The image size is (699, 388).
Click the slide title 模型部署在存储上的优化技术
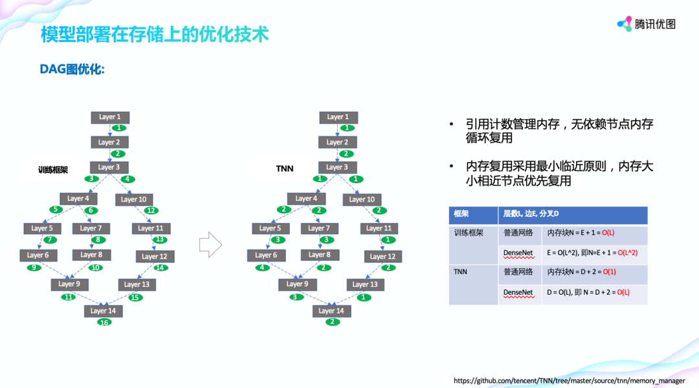pyautogui.click(x=155, y=34)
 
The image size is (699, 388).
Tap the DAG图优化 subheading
pyautogui.click(x=72, y=69)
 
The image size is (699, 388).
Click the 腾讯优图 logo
pyautogui.click(x=647, y=24)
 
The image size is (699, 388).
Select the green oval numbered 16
pyautogui.click(x=104, y=322)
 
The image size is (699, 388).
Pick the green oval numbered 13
pyautogui.click(x=159, y=239)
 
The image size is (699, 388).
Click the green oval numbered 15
pyautogui.click(x=135, y=297)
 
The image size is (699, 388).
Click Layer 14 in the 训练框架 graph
pyautogui.click(x=103, y=311)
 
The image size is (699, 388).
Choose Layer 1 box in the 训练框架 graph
pyautogui.click(x=110, y=117)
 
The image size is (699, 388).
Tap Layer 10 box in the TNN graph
pyautogui.click(x=362, y=200)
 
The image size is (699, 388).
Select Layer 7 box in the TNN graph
pyautogui.click(x=319, y=228)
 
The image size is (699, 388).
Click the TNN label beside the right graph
pyautogui.click(x=285, y=169)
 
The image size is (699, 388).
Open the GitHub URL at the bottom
pyautogui.click(x=569, y=380)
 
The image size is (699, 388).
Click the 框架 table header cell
pyautogui.click(x=474, y=215)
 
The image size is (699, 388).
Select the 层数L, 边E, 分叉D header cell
pyautogui.click(x=573, y=215)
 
